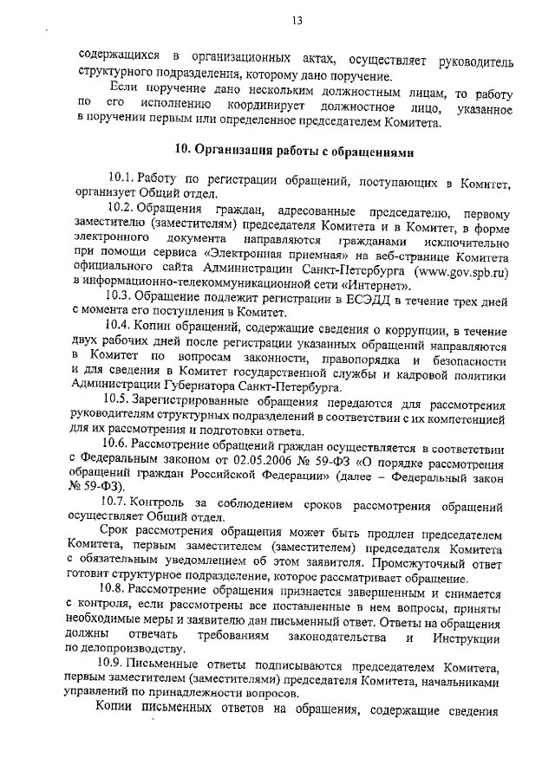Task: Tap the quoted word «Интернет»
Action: point(382,282)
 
